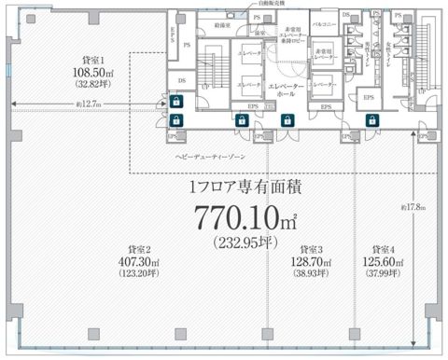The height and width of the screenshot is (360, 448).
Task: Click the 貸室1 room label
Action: (x=89, y=58)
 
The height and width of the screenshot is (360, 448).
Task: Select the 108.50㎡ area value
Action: (x=89, y=70)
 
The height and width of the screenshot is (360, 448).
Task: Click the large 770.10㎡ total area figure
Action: (x=239, y=216)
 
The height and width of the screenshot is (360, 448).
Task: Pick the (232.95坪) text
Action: (x=239, y=244)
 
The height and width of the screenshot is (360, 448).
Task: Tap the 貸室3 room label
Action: (x=305, y=250)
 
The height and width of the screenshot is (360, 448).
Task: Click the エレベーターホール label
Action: (x=282, y=90)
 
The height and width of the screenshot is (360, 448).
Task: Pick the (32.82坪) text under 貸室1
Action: (x=89, y=81)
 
